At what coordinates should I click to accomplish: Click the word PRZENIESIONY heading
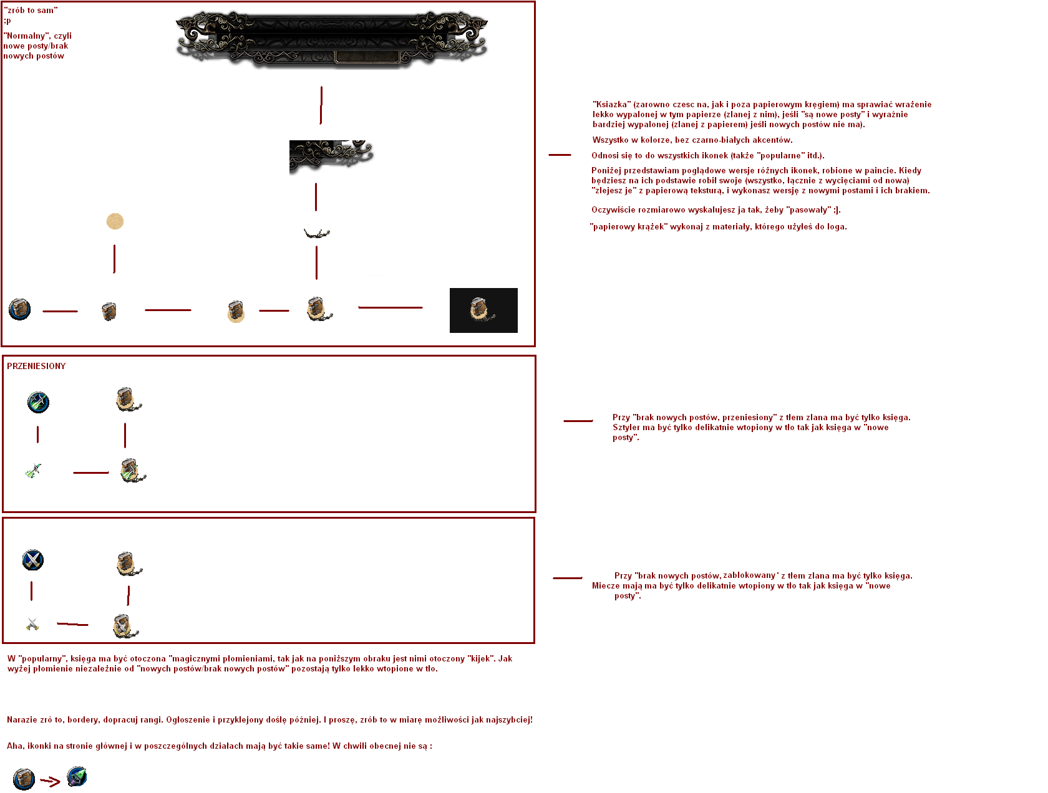click(x=36, y=366)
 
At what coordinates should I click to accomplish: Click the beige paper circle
click(x=115, y=221)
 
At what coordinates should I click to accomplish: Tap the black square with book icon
click(x=483, y=310)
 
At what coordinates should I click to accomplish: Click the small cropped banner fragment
click(x=331, y=156)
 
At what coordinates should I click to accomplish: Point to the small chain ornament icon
click(x=316, y=233)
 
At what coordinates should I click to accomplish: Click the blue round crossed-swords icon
click(x=33, y=560)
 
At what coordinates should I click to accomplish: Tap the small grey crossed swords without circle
click(x=32, y=623)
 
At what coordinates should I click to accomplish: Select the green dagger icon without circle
click(x=34, y=471)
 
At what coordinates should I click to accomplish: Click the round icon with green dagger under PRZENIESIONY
click(x=38, y=401)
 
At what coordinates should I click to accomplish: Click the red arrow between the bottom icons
click(x=50, y=781)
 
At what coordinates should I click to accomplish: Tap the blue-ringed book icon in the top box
click(x=19, y=309)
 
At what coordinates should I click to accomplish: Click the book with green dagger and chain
click(x=133, y=471)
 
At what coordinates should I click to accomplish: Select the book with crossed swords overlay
click(x=125, y=626)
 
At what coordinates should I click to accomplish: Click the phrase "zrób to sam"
click(x=31, y=10)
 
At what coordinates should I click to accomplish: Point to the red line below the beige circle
click(x=114, y=259)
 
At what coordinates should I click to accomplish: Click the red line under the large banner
click(x=321, y=105)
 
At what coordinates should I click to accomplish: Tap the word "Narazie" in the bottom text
click(x=21, y=719)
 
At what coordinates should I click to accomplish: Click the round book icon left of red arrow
click(x=24, y=779)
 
